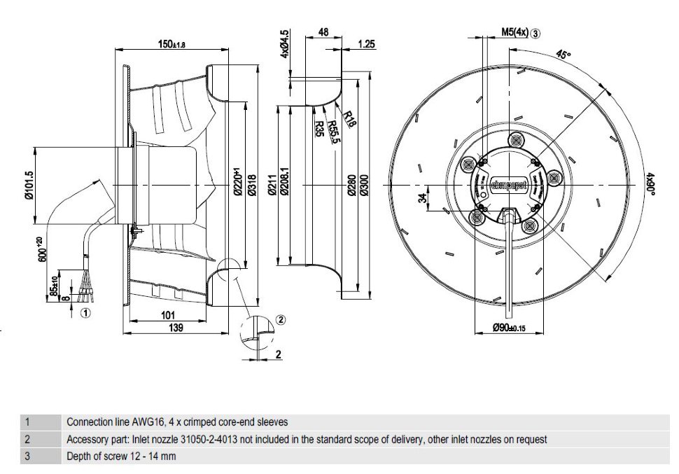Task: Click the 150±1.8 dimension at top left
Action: click(x=170, y=44)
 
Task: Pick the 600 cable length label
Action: click(x=43, y=250)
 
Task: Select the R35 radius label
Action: click(x=320, y=128)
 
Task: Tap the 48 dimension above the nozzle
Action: click(x=323, y=32)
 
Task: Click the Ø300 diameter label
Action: click(x=364, y=185)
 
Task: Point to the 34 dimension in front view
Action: click(x=423, y=199)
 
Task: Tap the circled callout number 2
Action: click(x=281, y=319)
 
